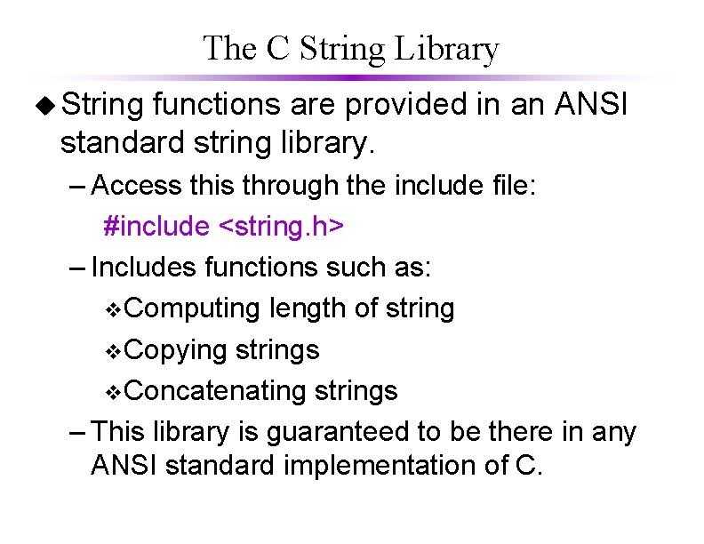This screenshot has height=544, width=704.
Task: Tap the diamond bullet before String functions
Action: (44, 107)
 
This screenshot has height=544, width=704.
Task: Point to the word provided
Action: (406, 107)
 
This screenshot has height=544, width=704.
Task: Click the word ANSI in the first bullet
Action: (590, 107)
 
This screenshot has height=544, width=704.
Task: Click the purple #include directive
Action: (156, 226)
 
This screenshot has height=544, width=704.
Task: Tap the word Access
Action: (137, 186)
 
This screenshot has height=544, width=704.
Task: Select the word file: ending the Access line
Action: (508, 186)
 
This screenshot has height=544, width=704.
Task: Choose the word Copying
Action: (177, 350)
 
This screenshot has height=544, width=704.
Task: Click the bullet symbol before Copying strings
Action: (112, 352)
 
